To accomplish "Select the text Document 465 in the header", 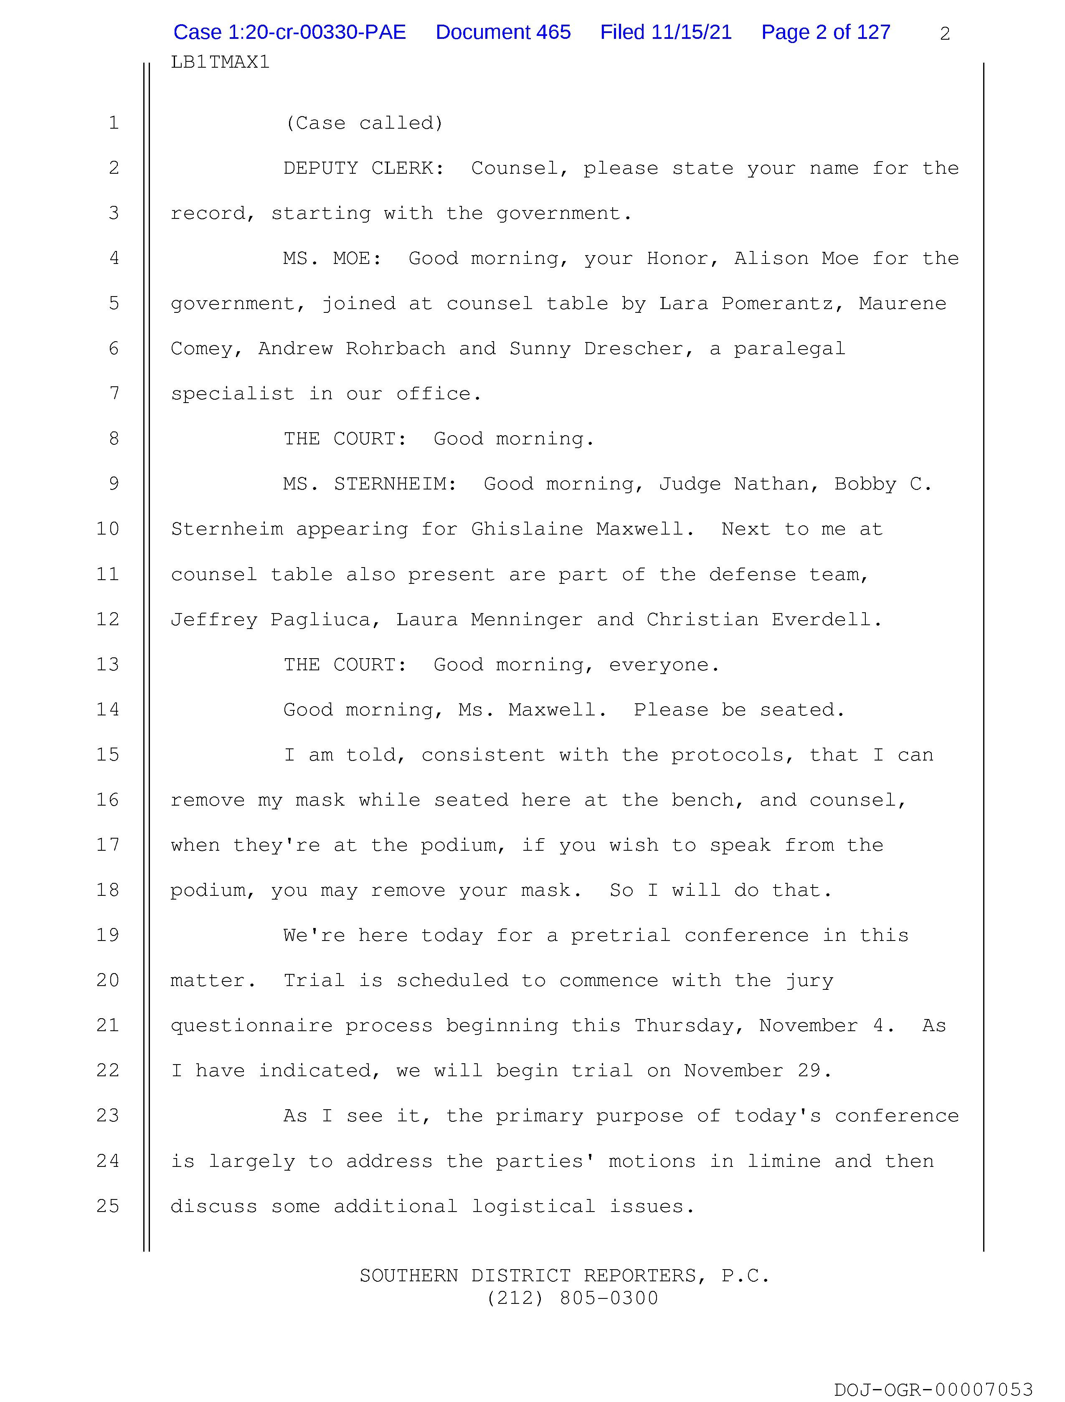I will pos(503,32).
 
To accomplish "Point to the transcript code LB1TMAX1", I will pos(220,62).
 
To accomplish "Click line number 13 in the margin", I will pos(108,664).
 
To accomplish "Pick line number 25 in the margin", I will pos(108,1206).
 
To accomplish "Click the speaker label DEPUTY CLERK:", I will pos(363,169).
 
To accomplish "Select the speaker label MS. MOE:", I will pos(332,259).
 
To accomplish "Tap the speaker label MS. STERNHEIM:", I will pos(370,484).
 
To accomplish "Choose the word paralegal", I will pos(789,349).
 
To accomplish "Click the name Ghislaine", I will pos(527,529).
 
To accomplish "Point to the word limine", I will pos(783,1161).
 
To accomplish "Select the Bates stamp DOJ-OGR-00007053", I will pos(933,1389).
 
